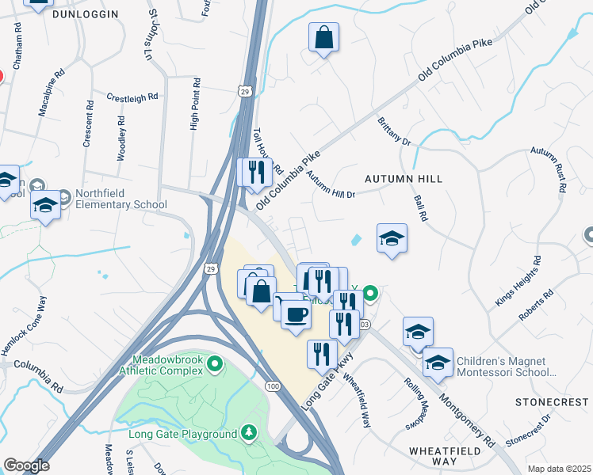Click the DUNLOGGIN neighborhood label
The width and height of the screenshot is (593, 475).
(x=85, y=14)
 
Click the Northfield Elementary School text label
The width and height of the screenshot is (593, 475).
(x=121, y=199)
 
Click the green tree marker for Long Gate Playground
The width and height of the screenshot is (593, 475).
(x=250, y=433)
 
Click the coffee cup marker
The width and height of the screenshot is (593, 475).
(x=296, y=313)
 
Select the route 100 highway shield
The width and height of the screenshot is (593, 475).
(x=273, y=385)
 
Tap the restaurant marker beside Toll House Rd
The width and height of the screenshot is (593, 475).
(x=255, y=172)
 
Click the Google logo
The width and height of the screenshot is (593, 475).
(x=26, y=465)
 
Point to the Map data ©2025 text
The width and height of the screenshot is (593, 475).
(x=558, y=469)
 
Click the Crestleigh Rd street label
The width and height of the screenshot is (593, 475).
(x=132, y=97)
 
